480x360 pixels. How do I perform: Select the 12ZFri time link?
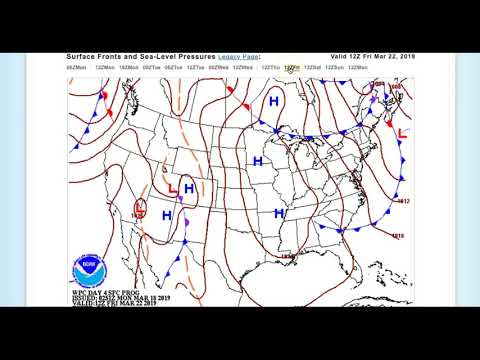(290, 67)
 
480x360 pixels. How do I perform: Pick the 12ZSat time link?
(312, 67)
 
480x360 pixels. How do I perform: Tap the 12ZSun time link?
(358, 67)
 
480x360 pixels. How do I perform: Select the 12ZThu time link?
(269, 67)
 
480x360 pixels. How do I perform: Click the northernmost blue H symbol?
(273, 102)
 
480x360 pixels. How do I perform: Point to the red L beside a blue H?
(173, 187)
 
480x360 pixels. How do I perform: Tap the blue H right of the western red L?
(188, 187)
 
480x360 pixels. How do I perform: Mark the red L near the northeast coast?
(403, 131)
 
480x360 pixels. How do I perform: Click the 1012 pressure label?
(404, 201)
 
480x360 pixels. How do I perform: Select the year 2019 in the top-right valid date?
(404, 57)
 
